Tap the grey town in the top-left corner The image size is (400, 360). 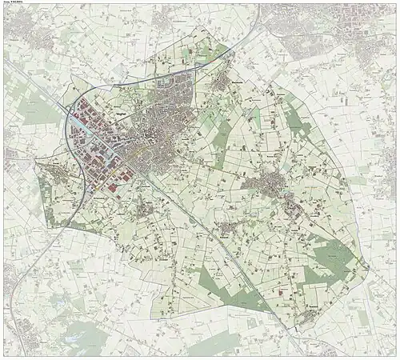(24, 32)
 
